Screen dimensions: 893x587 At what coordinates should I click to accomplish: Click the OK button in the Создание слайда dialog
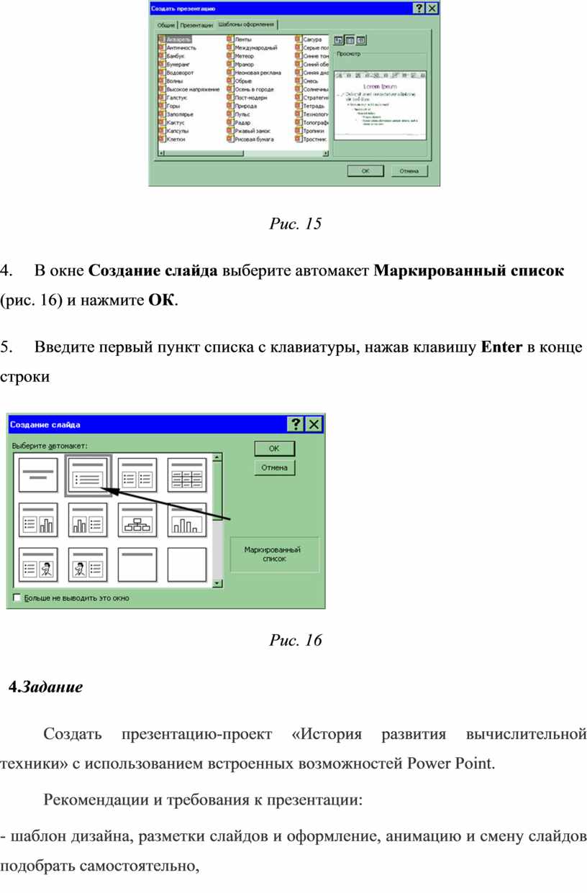point(274,448)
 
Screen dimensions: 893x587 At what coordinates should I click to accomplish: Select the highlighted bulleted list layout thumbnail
point(87,475)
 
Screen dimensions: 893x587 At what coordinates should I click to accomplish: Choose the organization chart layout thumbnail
point(137,520)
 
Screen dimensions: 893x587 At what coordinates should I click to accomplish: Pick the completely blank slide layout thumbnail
point(186,564)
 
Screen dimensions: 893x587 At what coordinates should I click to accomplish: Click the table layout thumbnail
point(186,475)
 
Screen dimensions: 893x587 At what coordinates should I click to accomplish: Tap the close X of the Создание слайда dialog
point(314,424)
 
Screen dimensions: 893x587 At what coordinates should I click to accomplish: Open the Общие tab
point(166,25)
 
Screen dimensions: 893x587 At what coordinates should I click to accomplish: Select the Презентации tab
point(196,25)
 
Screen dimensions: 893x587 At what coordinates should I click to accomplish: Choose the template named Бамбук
point(176,55)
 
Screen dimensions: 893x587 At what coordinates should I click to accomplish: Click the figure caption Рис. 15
point(295,224)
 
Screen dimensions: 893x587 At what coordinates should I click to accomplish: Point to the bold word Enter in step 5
point(501,349)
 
